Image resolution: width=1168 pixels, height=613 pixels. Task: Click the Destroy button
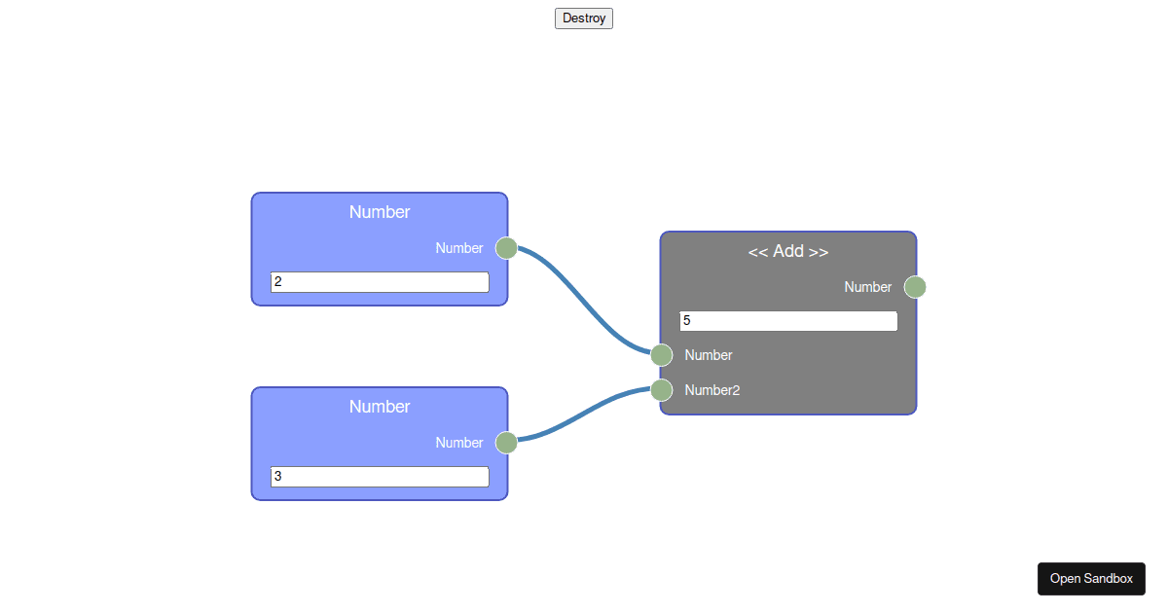pos(584,18)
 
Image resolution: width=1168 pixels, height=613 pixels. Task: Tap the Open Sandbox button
pos(1091,579)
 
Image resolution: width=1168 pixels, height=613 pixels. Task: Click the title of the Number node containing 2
pos(380,212)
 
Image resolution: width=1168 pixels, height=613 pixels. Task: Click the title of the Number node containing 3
pos(380,407)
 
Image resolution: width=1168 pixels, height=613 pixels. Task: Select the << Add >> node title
pos(788,251)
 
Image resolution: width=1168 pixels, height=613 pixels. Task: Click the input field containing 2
pos(380,282)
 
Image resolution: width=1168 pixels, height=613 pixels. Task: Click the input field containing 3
pos(380,477)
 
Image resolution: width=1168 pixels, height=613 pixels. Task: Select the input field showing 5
pos(788,321)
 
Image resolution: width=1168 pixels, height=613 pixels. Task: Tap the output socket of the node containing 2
pos(506,248)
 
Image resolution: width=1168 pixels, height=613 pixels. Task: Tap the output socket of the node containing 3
pos(506,443)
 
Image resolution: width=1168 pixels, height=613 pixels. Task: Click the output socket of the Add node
pos(915,287)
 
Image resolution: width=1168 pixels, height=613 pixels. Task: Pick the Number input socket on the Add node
pos(662,355)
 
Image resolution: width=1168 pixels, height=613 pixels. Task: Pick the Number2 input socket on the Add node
pos(662,390)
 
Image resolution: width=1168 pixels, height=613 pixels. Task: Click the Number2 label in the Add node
pos(712,390)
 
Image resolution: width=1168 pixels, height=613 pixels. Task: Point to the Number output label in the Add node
pos(868,287)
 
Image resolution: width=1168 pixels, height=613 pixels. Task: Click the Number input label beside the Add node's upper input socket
pos(709,355)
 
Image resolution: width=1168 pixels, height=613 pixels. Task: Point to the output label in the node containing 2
pos(459,248)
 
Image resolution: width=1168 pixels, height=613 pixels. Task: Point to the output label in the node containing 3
pos(459,443)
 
